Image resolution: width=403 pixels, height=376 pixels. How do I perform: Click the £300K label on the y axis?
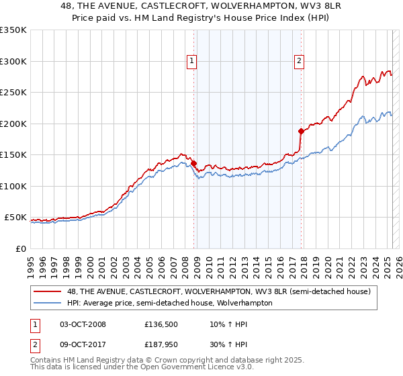coord(13,61)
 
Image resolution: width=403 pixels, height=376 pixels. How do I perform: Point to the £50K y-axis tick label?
coord(15,218)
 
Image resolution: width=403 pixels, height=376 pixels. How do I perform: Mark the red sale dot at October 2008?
coord(193,163)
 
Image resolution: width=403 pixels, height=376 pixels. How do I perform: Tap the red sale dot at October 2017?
coord(300,132)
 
